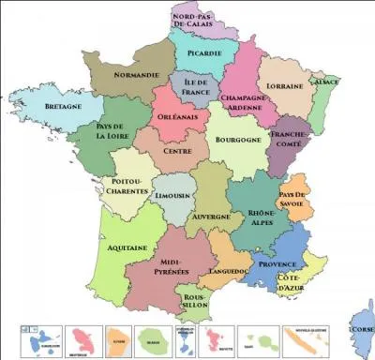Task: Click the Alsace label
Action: (x=325, y=81)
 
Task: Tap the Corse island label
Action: (x=361, y=330)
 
